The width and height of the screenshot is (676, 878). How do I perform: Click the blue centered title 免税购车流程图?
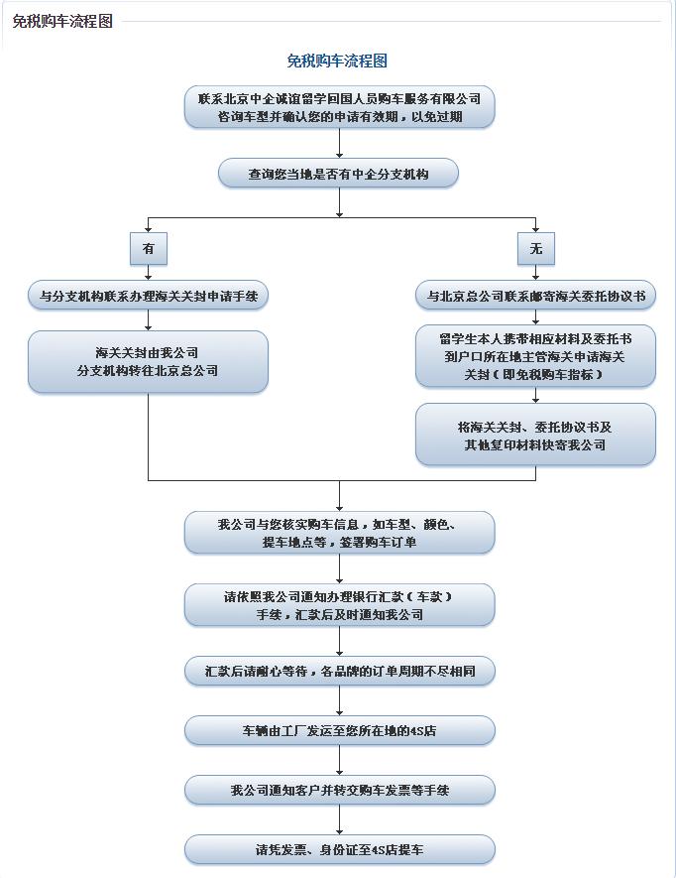click(337, 61)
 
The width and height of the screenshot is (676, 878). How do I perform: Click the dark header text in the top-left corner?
click(61, 21)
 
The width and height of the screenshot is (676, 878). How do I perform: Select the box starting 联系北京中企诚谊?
click(339, 107)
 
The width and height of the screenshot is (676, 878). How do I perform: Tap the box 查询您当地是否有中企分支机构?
click(339, 174)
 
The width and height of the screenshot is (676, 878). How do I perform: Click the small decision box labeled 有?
click(148, 249)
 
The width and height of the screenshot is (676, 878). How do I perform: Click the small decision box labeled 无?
click(536, 249)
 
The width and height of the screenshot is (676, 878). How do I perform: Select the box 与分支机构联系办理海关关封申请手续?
click(148, 296)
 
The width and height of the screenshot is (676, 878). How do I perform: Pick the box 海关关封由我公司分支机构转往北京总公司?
click(148, 362)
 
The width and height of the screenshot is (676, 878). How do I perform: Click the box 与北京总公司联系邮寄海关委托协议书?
click(536, 296)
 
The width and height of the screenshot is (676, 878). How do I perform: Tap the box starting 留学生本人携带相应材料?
click(536, 356)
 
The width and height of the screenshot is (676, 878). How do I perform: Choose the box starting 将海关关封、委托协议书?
click(536, 436)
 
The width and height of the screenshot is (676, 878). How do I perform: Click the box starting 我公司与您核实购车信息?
click(339, 533)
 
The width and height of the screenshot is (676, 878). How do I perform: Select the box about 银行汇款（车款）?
click(339, 605)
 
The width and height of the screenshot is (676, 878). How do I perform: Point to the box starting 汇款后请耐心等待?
click(339, 672)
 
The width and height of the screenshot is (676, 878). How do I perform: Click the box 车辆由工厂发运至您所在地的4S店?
click(339, 731)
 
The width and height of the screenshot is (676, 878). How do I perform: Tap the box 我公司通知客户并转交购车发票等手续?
click(339, 790)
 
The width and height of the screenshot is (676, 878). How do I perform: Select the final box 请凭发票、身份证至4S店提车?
click(339, 849)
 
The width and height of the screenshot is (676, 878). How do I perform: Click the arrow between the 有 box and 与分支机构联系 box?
click(148, 273)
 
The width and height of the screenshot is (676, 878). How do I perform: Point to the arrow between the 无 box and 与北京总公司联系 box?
click(536, 273)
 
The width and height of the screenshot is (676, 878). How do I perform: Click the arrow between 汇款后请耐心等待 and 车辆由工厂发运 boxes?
click(339, 701)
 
